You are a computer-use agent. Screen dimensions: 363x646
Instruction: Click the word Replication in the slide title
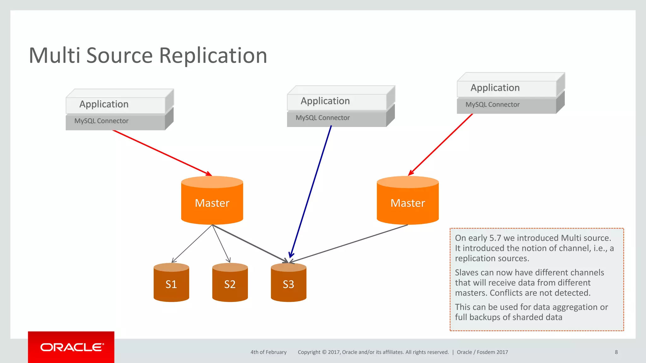[213, 55]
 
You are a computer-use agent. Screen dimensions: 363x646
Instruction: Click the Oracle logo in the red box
[72, 347]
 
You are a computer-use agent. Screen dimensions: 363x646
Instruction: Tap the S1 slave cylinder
[171, 284]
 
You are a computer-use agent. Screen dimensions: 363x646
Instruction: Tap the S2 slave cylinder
[230, 284]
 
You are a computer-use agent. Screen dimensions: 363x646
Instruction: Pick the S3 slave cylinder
[288, 284]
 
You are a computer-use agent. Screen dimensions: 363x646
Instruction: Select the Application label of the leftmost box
[104, 104]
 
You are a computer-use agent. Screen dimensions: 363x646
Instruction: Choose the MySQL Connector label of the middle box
[322, 118]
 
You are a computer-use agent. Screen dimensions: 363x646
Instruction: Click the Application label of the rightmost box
[495, 88]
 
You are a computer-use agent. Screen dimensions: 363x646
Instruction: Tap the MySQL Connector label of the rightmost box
[492, 105]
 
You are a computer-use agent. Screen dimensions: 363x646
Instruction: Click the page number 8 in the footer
[616, 352]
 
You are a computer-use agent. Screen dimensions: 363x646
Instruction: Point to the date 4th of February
[268, 352]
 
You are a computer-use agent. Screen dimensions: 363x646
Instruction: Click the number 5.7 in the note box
[495, 238]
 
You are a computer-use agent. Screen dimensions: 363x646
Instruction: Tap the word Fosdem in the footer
[486, 352]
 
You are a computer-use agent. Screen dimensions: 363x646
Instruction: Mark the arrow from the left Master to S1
[192, 244]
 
